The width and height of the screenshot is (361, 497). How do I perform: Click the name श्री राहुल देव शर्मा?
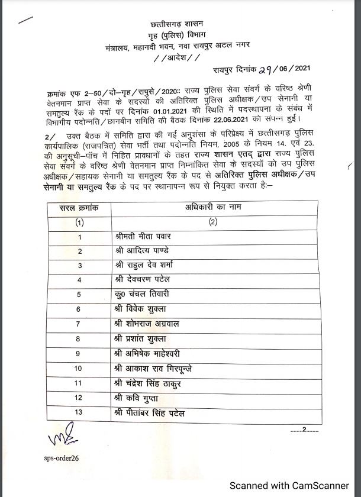(x=144, y=265)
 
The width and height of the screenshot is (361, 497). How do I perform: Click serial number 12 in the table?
(x=79, y=398)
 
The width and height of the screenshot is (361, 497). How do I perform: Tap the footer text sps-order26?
(x=61, y=459)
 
